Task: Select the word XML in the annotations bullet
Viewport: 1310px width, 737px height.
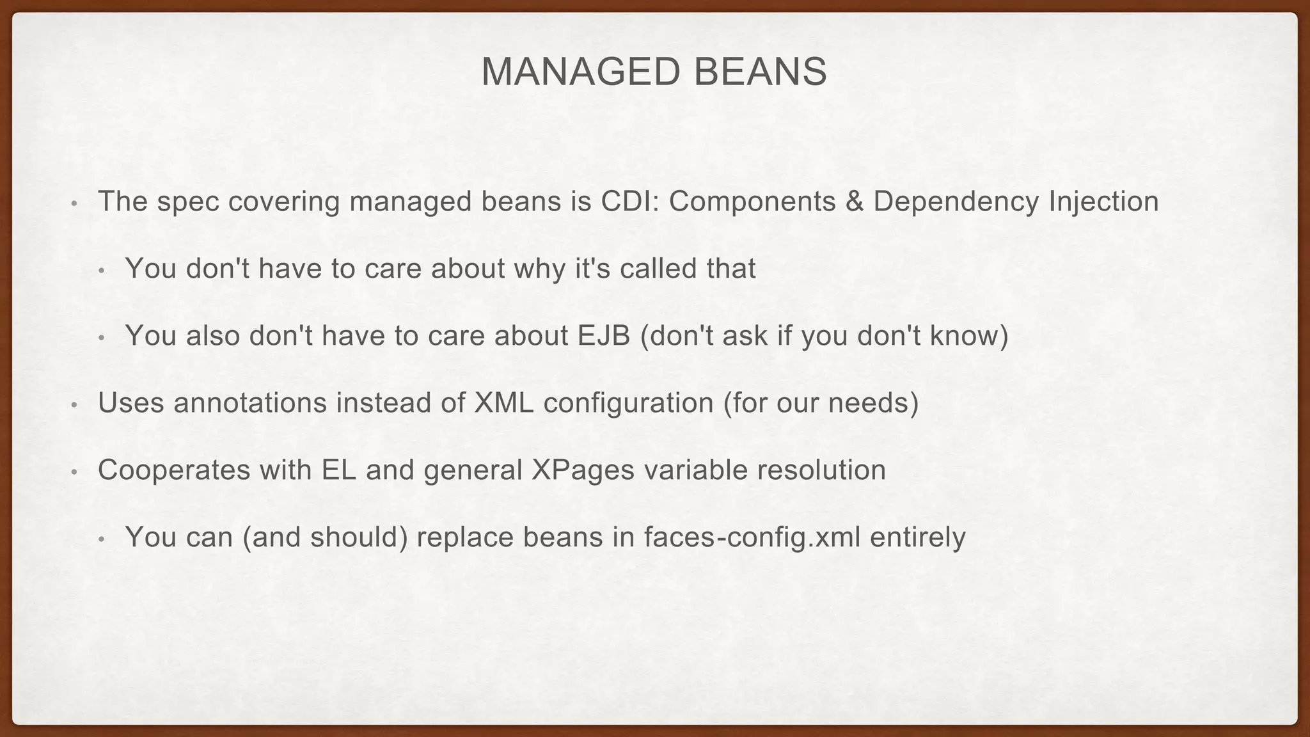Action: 504,403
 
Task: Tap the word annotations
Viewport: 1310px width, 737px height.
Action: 250,403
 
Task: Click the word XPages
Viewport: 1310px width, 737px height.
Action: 583,470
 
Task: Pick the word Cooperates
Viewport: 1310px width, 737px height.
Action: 173,470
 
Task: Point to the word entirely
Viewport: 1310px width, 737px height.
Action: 918,537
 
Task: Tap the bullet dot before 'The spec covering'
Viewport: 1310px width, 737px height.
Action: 74,204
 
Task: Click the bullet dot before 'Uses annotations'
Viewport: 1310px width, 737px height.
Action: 74,406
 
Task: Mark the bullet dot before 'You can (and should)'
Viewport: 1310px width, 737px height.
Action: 102,540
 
